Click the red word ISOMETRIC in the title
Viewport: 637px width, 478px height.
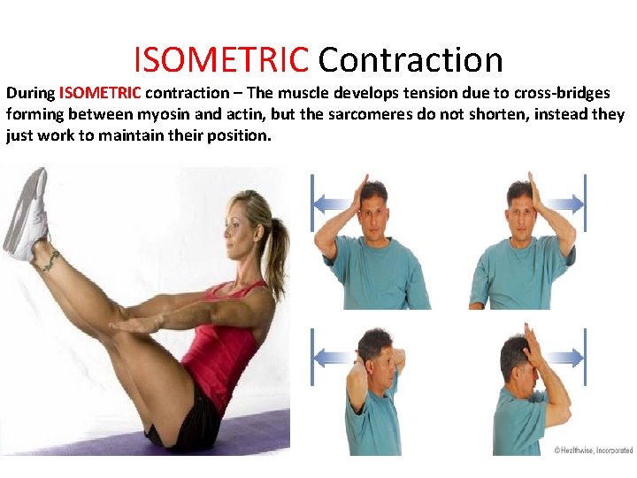(x=220, y=60)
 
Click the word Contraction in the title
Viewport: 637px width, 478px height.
(x=411, y=60)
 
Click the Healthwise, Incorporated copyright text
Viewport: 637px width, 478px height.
(x=593, y=450)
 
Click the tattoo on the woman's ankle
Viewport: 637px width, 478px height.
(x=50, y=259)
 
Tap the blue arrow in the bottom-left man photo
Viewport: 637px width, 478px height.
(x=333, y=358)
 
